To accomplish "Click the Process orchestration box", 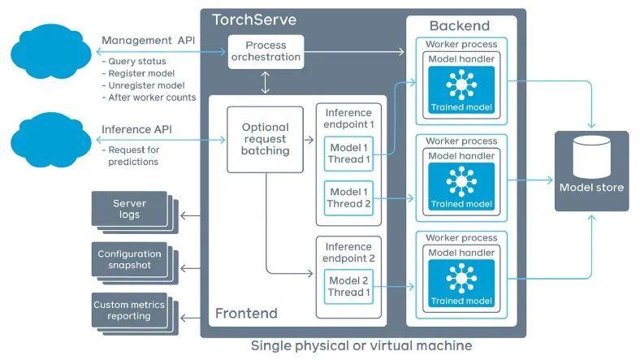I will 266,52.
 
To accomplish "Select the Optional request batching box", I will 266,139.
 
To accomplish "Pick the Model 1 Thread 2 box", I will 348,198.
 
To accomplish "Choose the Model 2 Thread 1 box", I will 348,286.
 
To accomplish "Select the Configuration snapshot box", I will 129,260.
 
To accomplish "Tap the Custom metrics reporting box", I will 129,310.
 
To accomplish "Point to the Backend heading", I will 460,26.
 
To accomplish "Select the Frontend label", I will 245,314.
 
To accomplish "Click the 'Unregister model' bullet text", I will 145,85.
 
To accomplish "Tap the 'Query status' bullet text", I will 135,62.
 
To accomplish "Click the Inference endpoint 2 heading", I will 348,252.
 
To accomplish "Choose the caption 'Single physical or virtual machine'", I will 361,346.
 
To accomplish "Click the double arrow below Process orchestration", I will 266,82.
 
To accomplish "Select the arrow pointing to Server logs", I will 190,215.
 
